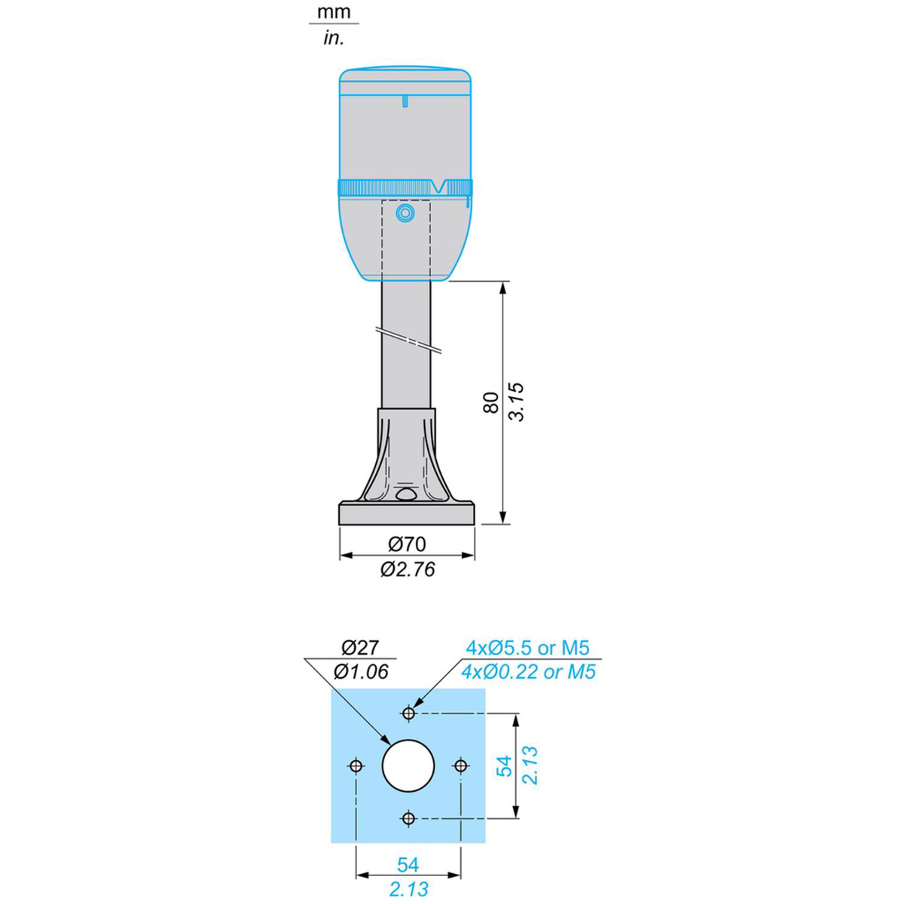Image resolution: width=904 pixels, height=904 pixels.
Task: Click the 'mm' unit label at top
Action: pyautogui.click(x=334, y=12)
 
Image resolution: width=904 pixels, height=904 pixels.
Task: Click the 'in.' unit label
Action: pyautogui.click(x=334, y=38)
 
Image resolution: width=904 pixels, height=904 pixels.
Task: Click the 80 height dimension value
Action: pyautogui.click(x=490, y=402)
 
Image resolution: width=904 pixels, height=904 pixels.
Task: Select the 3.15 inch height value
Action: pyautogui.click(x=516, y=402)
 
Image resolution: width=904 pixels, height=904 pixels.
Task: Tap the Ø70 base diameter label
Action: pyautogui.click(x=407, y=544)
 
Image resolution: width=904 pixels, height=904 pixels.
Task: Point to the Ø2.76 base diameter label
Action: pyautogui.click(x=408, y=569)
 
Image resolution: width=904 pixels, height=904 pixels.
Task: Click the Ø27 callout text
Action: pyautogui.click(x=360, y=648)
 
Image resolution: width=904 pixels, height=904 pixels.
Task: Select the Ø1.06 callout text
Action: pyautogui.click(x=361, y=672)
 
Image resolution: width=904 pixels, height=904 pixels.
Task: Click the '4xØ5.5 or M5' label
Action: pyautogui.click(x=527, y=648)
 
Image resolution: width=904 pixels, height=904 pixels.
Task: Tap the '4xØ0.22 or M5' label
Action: pyautogui.click(x=528, y=672)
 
